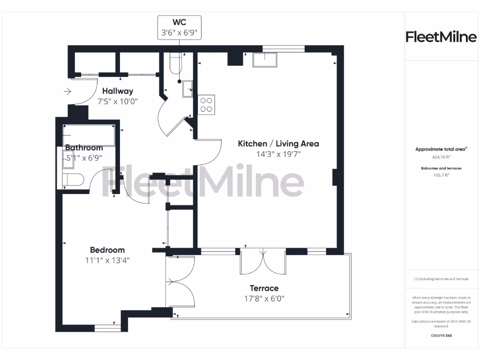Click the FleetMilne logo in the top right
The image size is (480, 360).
(x=441, y=37)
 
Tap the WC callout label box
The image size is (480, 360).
(x=179, y=28)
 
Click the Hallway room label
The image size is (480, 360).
(x=118, y=91)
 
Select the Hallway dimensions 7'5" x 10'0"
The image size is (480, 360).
(x=118, y=101)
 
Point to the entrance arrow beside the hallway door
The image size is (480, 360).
(x=67, y=91)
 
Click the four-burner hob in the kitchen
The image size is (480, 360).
(x=206, y=104)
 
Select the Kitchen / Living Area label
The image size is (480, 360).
(x=278, y=143)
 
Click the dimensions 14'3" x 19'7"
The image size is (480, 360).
(x=278, y=154)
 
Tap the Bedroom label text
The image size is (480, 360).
(x=107, y=250)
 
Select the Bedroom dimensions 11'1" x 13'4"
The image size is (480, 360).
(x=107, y=260)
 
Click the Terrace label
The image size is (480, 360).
(x=264, y=288)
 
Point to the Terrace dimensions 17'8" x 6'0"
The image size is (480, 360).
(x=264, y=298)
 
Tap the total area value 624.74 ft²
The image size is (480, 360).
(x=441, y=157)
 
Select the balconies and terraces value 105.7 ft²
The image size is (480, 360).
(x=441, y=175)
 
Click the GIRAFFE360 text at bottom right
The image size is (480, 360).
(x=441, y=336)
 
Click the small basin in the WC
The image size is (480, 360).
(x=187, y=88)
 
